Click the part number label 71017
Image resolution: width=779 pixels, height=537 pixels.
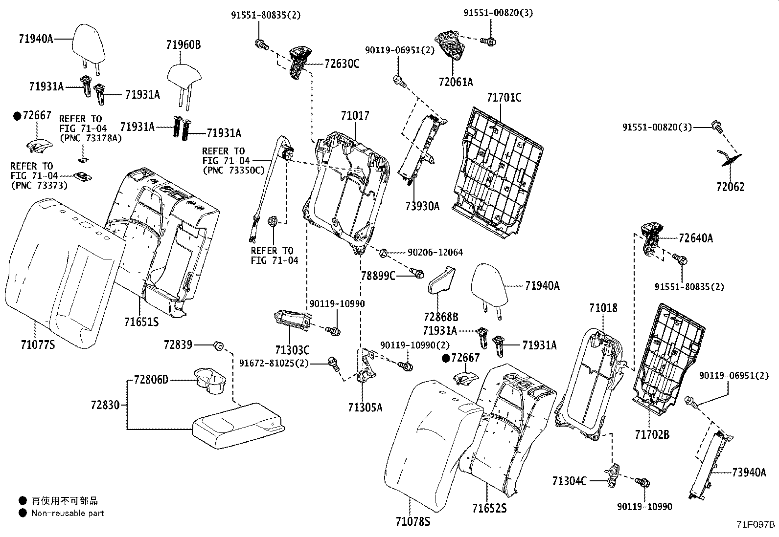click(355, 116)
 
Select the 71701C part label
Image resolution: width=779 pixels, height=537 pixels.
click(504, 98)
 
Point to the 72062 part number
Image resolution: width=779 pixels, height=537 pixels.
click(731, 187)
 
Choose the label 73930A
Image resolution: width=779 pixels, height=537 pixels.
click(422, 206)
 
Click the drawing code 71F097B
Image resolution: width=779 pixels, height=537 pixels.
click(756, 525)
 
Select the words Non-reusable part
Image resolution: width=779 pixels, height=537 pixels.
click(68, 513)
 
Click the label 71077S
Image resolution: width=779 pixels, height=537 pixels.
click(38, 345)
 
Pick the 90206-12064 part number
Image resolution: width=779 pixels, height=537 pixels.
click(435, 253)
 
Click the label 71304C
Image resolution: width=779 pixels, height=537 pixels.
click(569, 481)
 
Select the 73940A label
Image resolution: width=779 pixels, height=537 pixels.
click(749, 472)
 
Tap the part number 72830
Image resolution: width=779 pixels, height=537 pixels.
click(105, 405)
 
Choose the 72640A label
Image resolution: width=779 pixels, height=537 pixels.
click(696, 238)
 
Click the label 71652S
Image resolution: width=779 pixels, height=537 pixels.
click(489, 509)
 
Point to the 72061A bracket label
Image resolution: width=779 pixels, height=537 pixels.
click(456, 82)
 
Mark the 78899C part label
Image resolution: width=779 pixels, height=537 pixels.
click(378, 276)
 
